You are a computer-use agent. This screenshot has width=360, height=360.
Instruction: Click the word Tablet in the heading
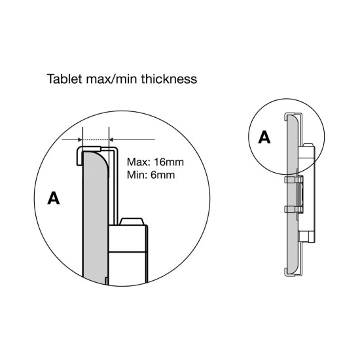pyautogui.click(x=64, y=79)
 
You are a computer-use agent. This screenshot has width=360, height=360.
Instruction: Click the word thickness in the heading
pyautogui.click(x=169, y=79)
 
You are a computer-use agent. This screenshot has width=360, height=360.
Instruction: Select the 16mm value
pyautogui.click(x=169, y=162)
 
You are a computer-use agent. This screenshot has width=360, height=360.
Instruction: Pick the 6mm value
pyautogui.click(x=162, y=175)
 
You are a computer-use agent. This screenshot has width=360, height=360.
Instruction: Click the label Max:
pyautogui.click(x=139, y=162)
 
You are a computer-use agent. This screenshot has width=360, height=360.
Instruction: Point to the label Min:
pyautogui.click(x=137, y=175)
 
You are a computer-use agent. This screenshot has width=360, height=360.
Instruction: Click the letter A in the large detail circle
pyautogui.click(x=54, y=198)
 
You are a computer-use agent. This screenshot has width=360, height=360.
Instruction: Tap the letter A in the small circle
pyautogui.click(x=264, y=137)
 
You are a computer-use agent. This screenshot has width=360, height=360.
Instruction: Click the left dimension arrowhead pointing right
pyautogui.click(x=80, y=139)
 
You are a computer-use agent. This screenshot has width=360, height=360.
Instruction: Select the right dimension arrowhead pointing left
pyautogui.click(x=111, y=139)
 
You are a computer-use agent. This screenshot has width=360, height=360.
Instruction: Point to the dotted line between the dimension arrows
pyautogui.click(x=96, y=139)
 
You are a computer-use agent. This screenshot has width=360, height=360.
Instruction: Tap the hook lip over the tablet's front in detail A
pyautogui.click(x=79, y=156)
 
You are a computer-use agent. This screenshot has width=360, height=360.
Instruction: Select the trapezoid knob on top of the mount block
pyautogui.click(x=132, y=221)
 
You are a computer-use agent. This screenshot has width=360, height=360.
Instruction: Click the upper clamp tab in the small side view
pyautogui.click(x=291, y=179)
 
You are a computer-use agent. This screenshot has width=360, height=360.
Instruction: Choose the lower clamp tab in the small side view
pyautogui.click(x=291, y=209)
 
